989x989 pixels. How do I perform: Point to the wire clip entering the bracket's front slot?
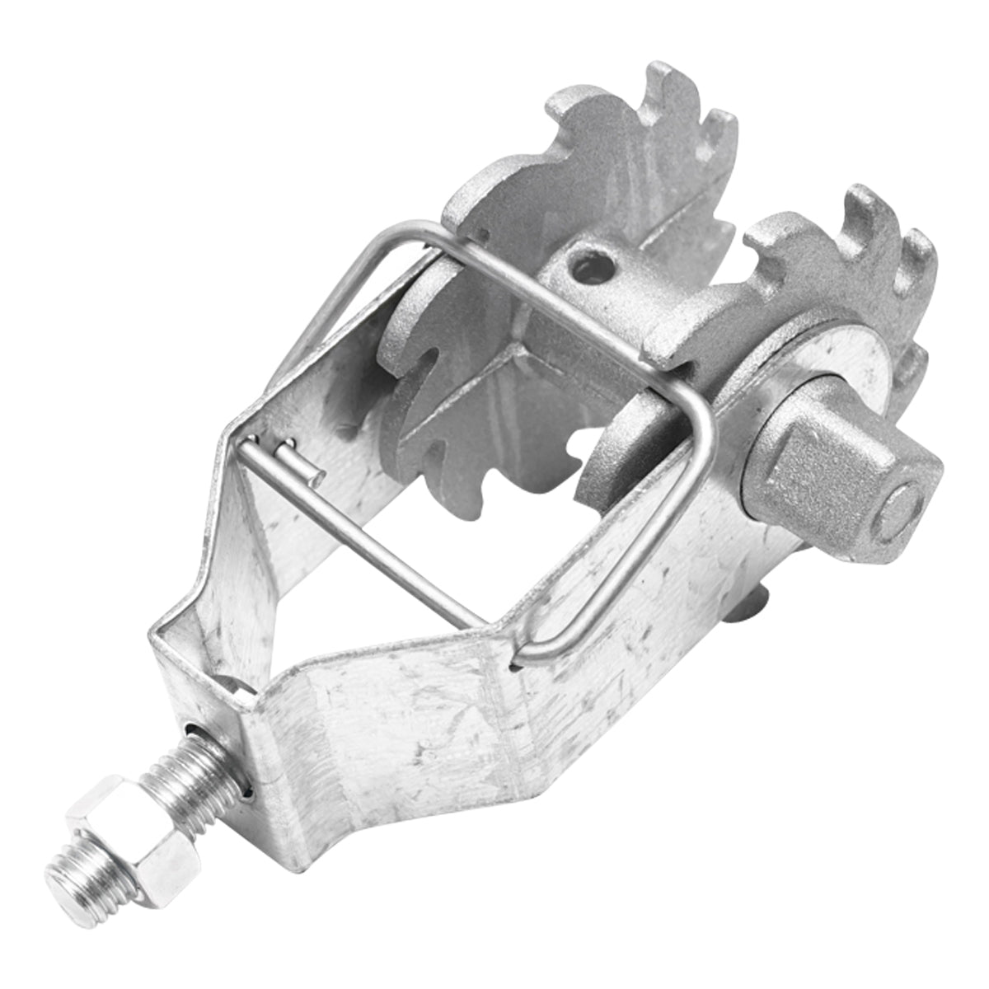coord(527,655)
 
